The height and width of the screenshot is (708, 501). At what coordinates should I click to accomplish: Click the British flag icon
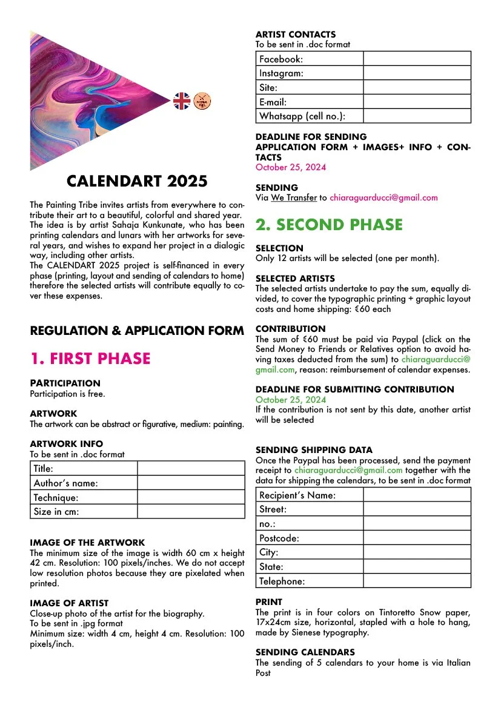click(182, 101)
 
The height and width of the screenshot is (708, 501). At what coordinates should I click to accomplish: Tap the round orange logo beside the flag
click(201, 101)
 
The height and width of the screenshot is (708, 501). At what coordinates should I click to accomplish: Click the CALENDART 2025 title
click(137, 181)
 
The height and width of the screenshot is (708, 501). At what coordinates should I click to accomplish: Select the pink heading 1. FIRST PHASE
click(90, 359)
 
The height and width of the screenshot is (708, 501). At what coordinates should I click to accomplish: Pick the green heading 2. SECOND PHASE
click(329, 225)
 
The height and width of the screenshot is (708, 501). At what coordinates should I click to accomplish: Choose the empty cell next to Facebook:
click(417, 59)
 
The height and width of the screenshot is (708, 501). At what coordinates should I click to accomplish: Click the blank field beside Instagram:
click(417, 73)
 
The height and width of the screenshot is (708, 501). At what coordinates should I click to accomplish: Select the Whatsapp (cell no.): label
click(302, 116)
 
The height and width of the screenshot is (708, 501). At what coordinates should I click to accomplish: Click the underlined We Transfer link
click(294, 197)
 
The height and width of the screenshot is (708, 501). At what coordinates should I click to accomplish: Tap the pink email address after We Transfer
click(384, 197)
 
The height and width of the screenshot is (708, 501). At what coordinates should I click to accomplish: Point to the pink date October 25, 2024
click(290, 167)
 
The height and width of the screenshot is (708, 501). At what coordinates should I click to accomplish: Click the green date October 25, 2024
click(290, 400)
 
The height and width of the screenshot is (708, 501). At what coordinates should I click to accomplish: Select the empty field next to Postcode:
click(417, 538)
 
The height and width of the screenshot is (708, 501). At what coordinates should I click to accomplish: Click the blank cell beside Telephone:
click(417, 581)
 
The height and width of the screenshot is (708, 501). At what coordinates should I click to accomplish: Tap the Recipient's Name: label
click(297, 495)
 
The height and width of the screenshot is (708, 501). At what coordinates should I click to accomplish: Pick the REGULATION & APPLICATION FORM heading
click(137, 331)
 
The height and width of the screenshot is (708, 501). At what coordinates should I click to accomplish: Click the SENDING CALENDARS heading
click(305, 652)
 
